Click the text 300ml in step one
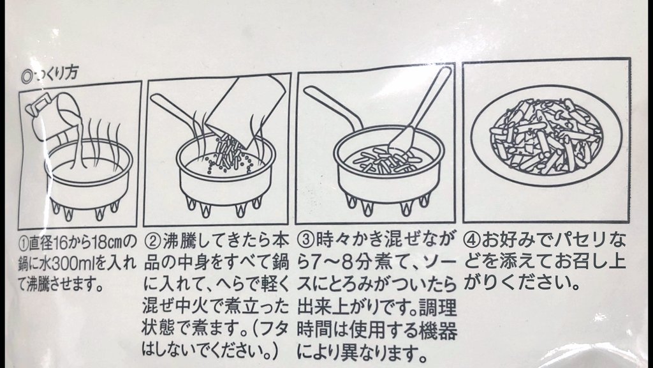pos(72,264)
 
